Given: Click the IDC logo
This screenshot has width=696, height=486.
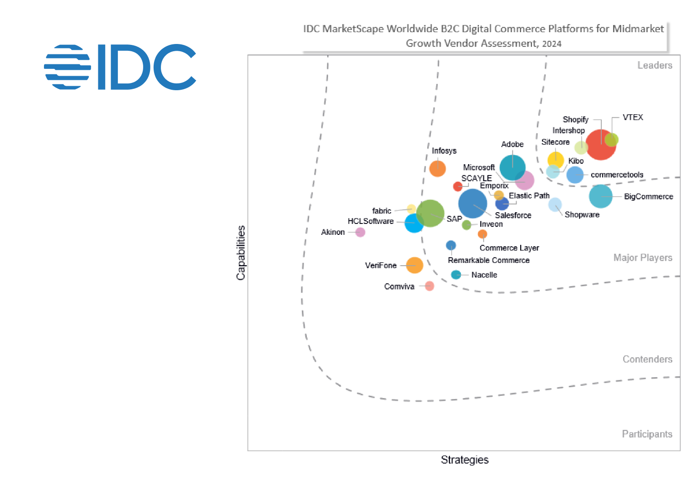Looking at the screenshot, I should (x=120, y=67).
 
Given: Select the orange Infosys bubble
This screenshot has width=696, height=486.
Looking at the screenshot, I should (x=437, y=169).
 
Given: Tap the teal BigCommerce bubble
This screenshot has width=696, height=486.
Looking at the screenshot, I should (x=600, y=196).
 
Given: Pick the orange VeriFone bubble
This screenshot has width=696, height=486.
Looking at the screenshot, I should (x=414, y=265).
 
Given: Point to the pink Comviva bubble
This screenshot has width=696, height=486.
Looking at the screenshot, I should (x=430, y=286).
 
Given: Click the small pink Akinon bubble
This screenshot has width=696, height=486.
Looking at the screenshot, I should (x=360, y=232).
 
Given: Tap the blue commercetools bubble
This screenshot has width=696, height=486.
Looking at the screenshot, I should (x=575, y=175).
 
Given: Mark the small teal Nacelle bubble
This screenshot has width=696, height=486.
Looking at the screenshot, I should (x=456, y=275).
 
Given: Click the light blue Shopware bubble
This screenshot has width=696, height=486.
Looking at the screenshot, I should (x=555, y=204).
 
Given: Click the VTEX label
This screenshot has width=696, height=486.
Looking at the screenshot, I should (x=633, y=117).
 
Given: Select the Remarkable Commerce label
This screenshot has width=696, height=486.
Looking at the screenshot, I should (x=488, y=260).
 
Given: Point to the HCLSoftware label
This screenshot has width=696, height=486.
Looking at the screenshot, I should (x=370, y=221).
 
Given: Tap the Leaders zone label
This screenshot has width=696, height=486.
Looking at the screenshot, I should (x=655, y=65).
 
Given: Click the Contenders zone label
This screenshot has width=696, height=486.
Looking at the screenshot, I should (x=647, y=359).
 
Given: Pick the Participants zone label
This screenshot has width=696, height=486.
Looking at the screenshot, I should (x=647, y=434).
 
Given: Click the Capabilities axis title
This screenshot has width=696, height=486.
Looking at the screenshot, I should (x=241, y=253).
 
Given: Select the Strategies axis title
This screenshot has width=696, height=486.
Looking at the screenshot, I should (x=464, y=460).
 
